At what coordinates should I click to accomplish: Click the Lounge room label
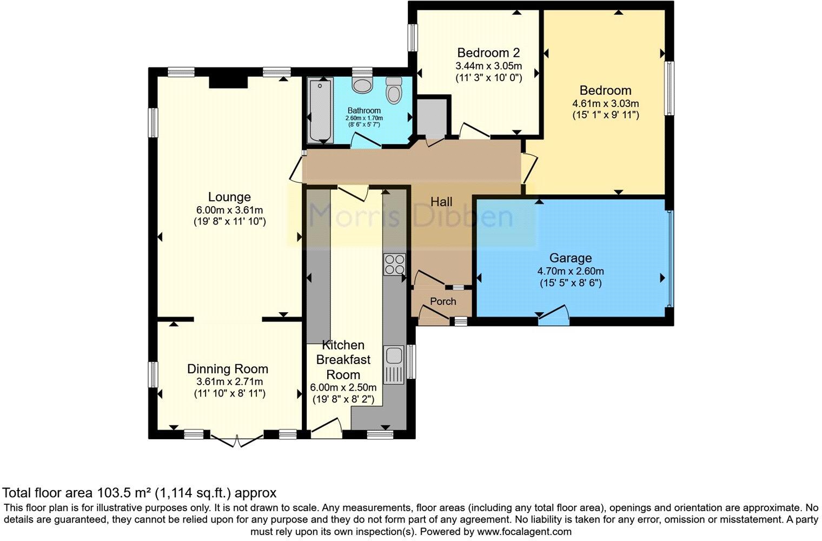[x=229, y=197]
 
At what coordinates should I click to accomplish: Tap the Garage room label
[x=571, y=258]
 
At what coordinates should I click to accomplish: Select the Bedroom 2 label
[x=488, y=52]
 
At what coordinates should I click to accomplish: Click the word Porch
[x=443, y=301]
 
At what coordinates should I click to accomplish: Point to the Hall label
[x=441, y=202]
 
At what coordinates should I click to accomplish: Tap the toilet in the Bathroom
[x=394, y=90]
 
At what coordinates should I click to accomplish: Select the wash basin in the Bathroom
[x=362, y=84]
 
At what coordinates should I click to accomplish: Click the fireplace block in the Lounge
[x=228, y=82]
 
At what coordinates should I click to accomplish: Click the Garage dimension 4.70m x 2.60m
[x=571, y=271]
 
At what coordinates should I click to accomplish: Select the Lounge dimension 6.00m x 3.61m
[x=229, y=210]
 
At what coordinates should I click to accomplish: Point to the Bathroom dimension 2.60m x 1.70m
[x=364, y=118]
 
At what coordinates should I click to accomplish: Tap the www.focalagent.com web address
[x=524, y=531]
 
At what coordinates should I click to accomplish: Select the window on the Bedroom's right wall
[x=669, y=88]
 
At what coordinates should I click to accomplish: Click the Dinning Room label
[x=228, y=369]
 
